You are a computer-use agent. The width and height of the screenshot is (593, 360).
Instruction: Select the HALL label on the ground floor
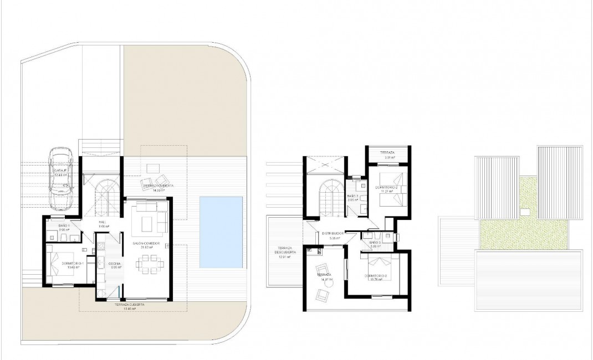pyautogui.click(x=102, y=224)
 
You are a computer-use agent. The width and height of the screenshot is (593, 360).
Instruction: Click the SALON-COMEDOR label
pyautogui.click(x=146, y=244)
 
